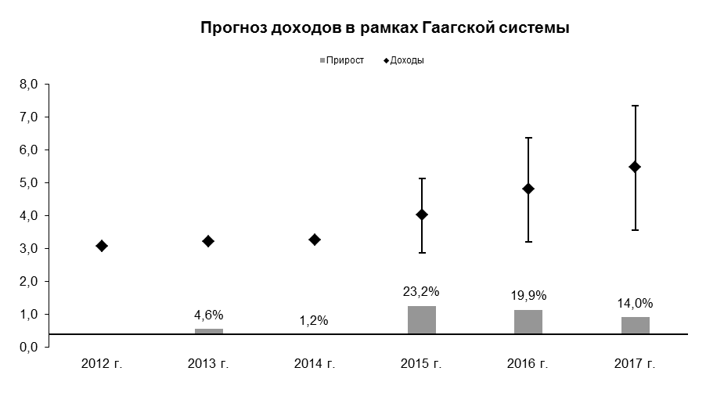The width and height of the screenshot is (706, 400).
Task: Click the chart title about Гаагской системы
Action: pyautogui.click(x=385, y=28)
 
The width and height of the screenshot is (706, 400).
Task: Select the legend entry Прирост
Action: pyautogui.click(x=342, y=60)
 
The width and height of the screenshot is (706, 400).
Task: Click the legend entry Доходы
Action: pyautogui.click(x=404, y=60)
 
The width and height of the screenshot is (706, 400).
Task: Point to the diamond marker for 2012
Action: pyautogui.click(x=102, y=246)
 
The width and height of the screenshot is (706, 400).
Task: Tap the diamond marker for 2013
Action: pyautogui.click(x=208, y=241)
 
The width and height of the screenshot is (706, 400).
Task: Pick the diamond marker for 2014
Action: pyautogui.click(x=315, y=240)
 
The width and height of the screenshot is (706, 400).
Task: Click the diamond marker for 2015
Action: pyautogui.click(x=422, y=214)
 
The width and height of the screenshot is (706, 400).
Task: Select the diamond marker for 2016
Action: pyautogui.click(x=528, y=189)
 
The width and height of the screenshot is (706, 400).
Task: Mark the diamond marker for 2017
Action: pyautogui.click(x=635, y=167)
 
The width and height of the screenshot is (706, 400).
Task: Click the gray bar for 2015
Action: pyautogui.click(x=422, y=320)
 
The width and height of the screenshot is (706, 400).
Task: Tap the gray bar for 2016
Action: pyautogui.click(x=528, y=322)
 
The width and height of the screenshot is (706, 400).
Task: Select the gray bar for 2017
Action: pyautogui.click(x=636, y=326)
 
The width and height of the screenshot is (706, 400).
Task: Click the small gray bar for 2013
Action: pyautogui.click(x=209, y=332)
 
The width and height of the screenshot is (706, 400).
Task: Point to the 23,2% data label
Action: pyautogui.click(x=421, y=292)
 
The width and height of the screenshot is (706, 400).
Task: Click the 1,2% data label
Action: pyautogui.click(x=314, y=321)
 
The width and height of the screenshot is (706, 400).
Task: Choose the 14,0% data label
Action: pyautogui.click(x=635, y=304)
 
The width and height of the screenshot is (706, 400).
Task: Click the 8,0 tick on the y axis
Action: pyautogui.click(x=28, y=85)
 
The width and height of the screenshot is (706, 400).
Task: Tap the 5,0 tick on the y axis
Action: pyautogui.click(x=28, y=183)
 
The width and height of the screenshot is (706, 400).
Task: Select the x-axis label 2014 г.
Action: pyautogui.click(x=315, y=363)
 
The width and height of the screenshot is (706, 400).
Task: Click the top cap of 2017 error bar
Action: pyautogui.click(x=636, y=106)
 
